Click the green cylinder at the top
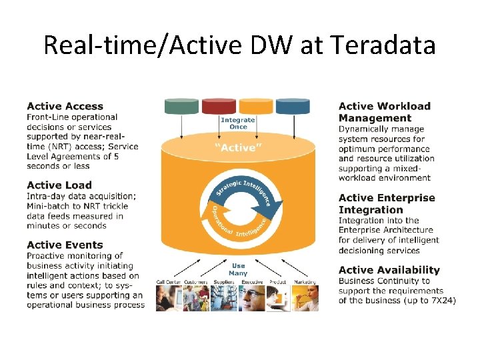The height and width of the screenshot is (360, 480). pos(181,106)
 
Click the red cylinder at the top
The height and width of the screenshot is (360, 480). pos(219,106)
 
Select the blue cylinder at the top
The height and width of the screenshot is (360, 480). pos(293,106)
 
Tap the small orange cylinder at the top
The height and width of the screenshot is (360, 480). pos(255,106)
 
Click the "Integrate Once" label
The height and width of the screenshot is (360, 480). pos(238,123)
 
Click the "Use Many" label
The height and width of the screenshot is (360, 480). pos(238,269)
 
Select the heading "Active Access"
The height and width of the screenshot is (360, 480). pos(65,106)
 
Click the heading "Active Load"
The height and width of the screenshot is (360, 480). pos(59,185)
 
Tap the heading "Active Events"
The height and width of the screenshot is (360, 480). pos(65,245)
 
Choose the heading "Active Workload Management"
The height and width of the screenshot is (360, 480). pos(385,112)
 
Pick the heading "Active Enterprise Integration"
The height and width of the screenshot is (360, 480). pos(387,203)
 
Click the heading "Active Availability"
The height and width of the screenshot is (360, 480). pos(389,270)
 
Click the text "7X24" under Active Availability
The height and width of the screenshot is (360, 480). pos(441,301)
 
